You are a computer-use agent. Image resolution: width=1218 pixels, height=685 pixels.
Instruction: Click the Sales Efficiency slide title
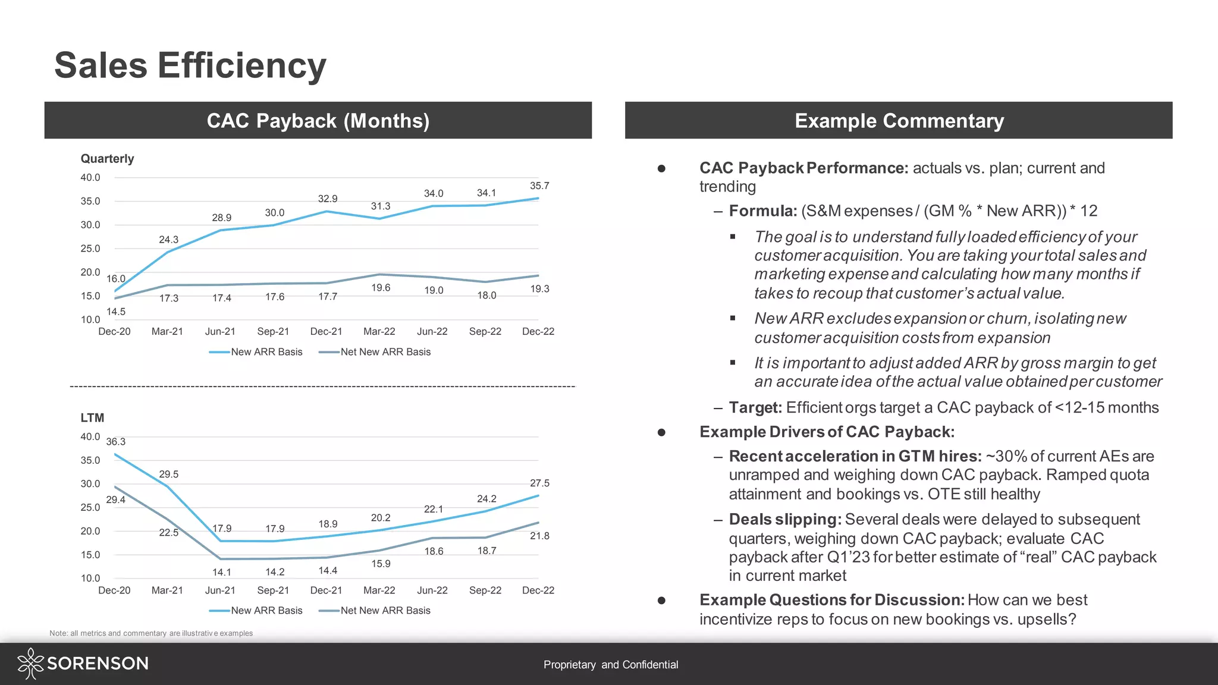click(x=190, y=65)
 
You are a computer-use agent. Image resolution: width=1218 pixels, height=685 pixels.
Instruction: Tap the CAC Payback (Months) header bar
click(x=318, y=121)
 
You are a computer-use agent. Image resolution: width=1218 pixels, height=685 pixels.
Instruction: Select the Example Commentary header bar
click(x=899, y=121)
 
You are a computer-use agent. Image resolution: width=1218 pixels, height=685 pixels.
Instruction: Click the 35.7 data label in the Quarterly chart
click(x=539, y=186)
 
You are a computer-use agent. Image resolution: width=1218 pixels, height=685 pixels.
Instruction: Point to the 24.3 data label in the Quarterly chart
click(x=168, y=240)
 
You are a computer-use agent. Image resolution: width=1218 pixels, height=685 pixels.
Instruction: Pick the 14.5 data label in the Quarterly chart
click(x=116, y=312)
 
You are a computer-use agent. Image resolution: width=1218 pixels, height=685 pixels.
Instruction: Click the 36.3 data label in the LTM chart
click(x=116, y=442)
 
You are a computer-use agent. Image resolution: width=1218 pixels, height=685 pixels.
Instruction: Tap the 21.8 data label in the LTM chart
click(x=539, y=536)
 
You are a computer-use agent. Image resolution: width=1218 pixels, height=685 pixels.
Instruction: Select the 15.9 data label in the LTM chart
click(x=381, y=564)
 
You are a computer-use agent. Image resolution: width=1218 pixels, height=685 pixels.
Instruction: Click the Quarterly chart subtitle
click(x=107, y=159)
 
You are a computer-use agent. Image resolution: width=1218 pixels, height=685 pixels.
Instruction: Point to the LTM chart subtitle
click(x=92, y=418)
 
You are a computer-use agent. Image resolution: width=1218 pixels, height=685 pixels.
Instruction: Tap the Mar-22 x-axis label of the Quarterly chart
click(x=379, y=332)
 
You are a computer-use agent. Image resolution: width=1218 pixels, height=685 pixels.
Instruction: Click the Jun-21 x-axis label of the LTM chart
click(x=220, y=590)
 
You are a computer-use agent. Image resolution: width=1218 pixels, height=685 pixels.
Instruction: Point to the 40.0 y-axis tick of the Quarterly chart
click(x=90, y=178)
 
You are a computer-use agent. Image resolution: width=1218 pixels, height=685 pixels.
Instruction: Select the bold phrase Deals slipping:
click(x=784, y=520)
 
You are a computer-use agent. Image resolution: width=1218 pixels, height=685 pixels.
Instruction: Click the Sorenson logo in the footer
click(x=83, y=664)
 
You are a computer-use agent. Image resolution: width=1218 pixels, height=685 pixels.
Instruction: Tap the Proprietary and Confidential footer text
click(x=611, y=665)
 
